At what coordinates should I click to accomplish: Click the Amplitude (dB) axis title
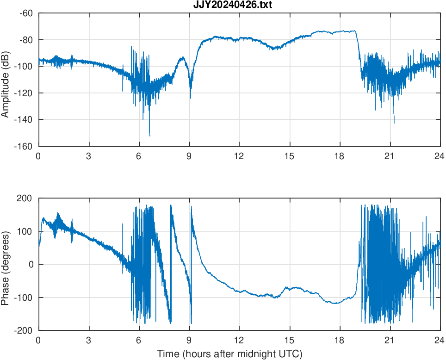(6, 79)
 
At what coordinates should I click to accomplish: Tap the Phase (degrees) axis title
(6, 264)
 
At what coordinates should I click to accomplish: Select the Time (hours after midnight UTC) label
(230, 354)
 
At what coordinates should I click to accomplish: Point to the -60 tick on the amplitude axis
(25, 13)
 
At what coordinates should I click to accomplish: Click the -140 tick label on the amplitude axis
(24, 119)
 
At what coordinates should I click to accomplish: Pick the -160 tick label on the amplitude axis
(24, 146)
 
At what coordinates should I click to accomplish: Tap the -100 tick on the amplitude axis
(24, 66)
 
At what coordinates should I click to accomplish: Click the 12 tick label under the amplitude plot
(239, 156)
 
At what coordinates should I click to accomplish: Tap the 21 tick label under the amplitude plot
(390, 156)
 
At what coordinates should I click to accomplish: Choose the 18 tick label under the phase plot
(340, 340)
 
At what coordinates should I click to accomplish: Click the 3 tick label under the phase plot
(88, 340)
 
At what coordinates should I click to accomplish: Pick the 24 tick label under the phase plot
(440, 340)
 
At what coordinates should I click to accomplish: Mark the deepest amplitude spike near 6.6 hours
(149, 136)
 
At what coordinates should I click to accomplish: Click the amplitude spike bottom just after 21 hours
(394, 124)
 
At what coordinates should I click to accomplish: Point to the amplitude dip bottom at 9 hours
(190, 98)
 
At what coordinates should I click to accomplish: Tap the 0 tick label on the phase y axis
(31, 265)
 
